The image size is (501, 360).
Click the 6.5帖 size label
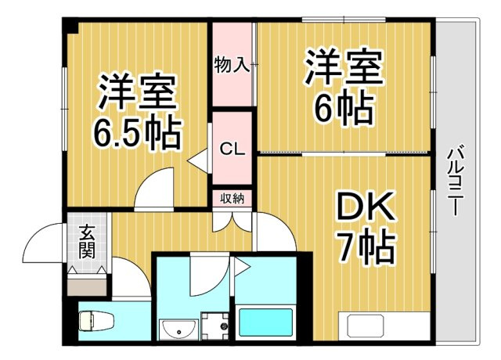coord(138,133)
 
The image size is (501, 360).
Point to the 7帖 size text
coord(365,248)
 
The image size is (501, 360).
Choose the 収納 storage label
coord(232,198)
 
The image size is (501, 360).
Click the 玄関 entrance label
coord(86,242)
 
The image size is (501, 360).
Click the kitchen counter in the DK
coord(384,325)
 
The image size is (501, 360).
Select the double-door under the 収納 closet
coord(232,220)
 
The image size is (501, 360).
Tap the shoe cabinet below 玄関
coord(86,281)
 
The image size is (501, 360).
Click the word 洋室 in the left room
coord(137,93)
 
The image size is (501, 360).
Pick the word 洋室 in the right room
coord(344,68)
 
